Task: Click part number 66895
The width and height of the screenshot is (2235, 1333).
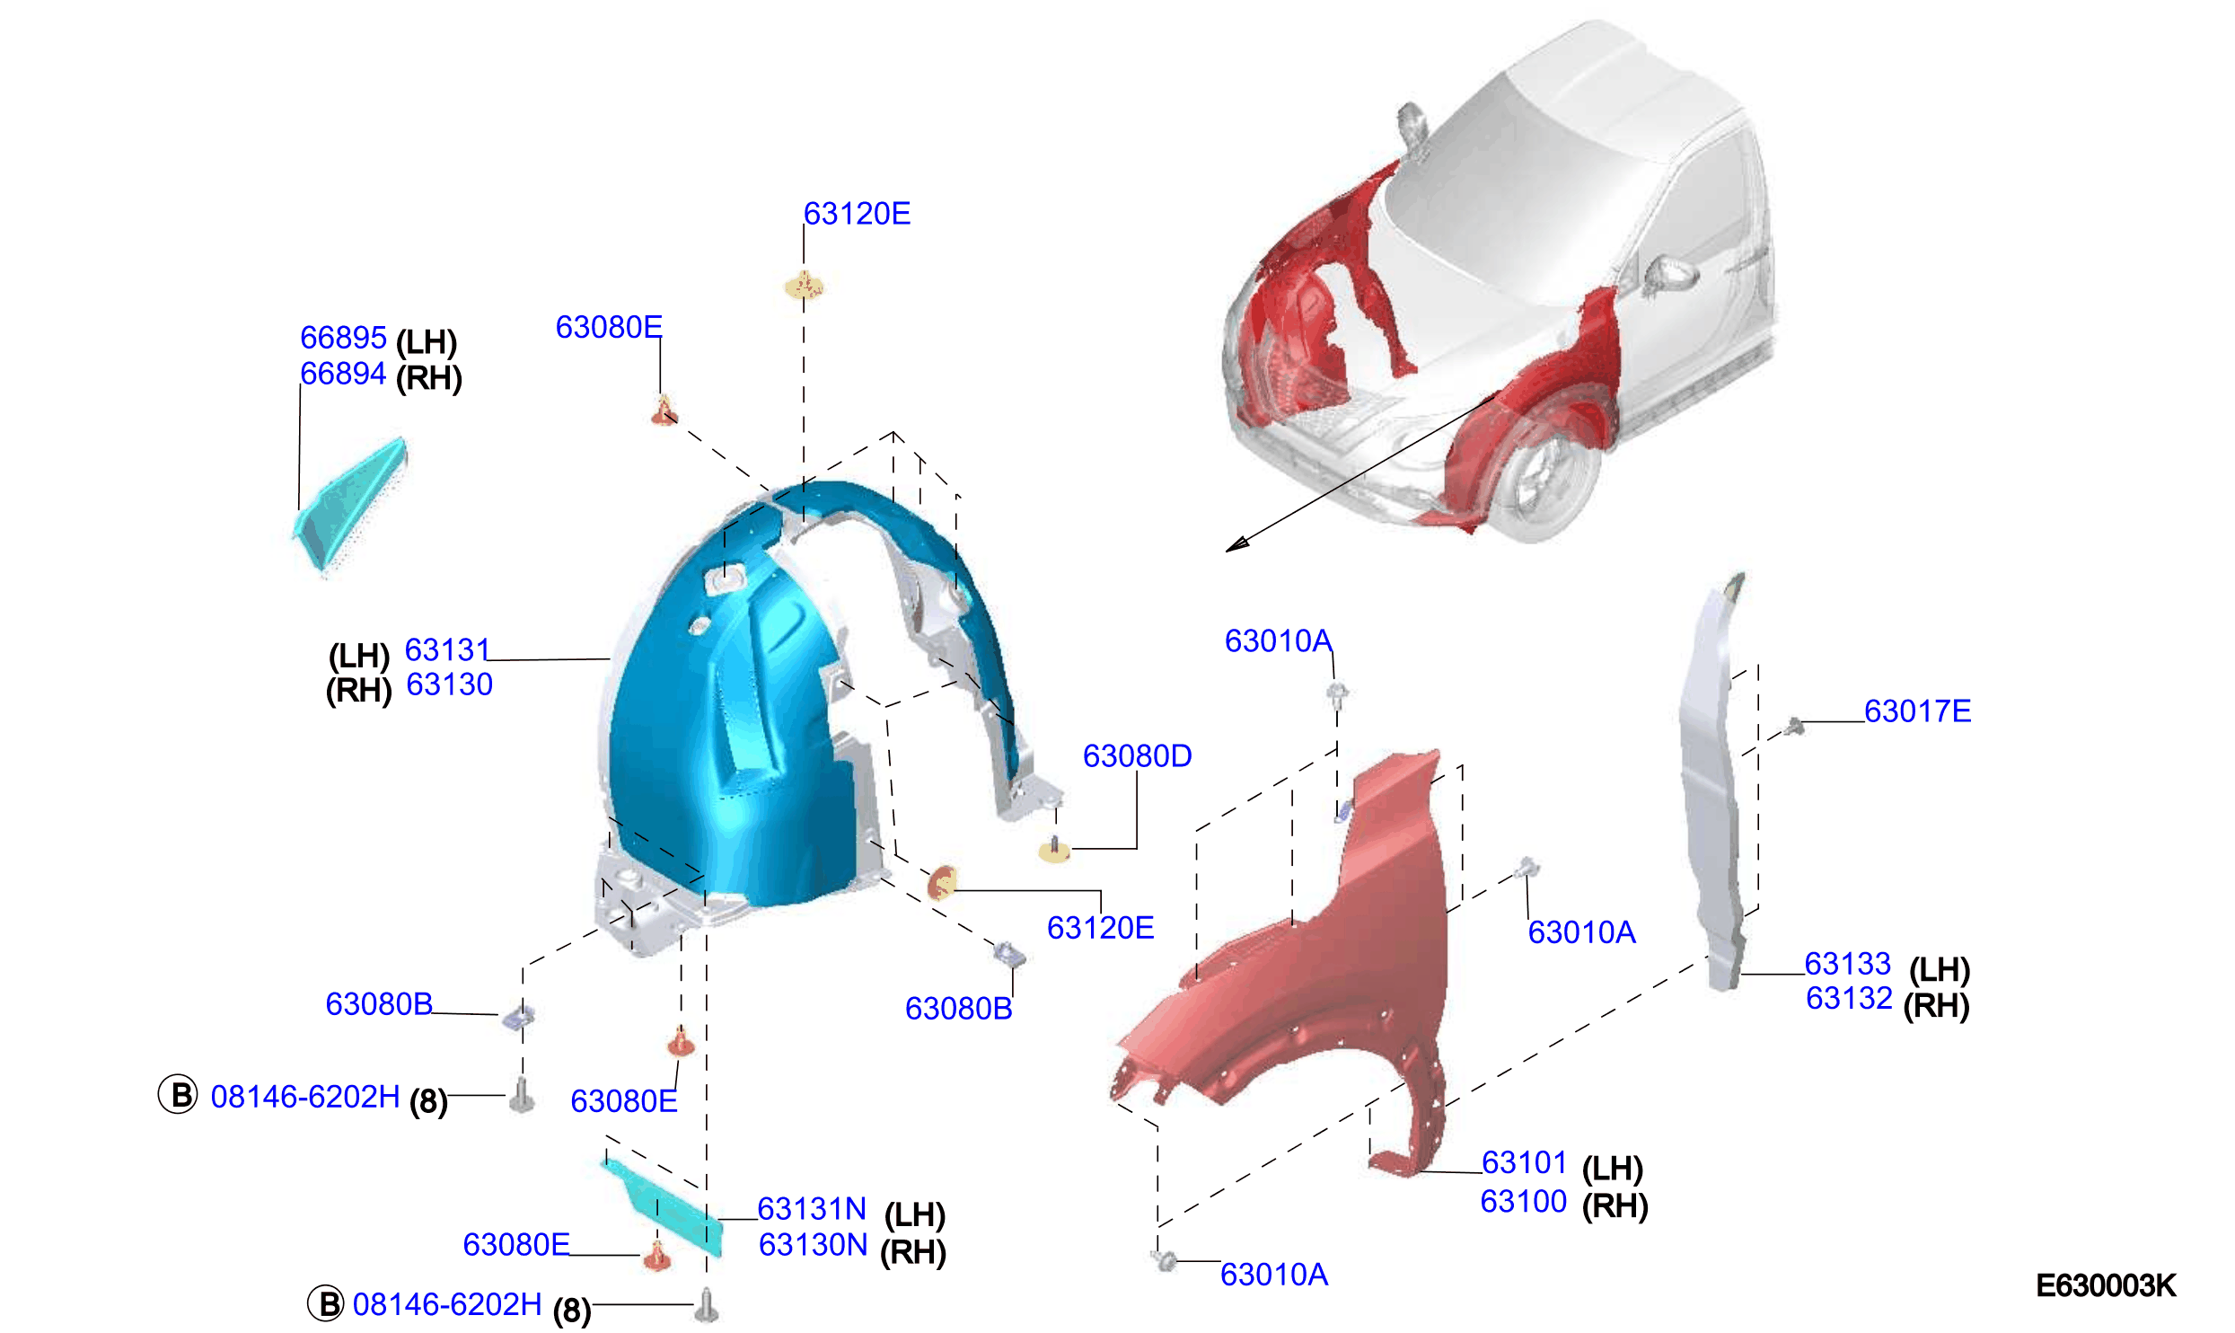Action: coord(343,338)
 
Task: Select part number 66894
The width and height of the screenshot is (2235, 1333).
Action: coord(343,374)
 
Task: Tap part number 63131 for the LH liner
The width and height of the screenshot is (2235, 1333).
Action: coord(447,649)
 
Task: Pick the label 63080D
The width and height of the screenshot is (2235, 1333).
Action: coord(1137,756)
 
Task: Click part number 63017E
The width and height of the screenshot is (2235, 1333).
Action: coord(1918,711)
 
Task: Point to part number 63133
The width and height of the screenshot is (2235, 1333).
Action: coord(1848,964)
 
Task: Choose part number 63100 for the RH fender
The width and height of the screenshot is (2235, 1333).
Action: coord(1524,1201)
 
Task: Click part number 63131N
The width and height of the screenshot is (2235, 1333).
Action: coord(812,1209)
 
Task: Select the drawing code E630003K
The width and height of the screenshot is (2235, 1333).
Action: coord(2106,1286)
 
